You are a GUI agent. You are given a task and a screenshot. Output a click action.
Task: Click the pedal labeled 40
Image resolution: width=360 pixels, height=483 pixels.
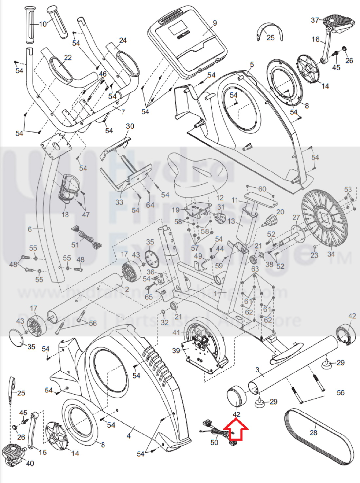13,454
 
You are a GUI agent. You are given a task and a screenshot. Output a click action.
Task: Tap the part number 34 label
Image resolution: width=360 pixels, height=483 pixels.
331,254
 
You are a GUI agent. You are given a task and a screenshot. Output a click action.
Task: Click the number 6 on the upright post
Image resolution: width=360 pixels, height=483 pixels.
30,229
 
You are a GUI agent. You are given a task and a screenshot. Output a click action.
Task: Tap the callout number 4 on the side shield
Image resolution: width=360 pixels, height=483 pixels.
129,436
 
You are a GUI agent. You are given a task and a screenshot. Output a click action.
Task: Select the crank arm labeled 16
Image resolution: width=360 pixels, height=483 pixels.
326,49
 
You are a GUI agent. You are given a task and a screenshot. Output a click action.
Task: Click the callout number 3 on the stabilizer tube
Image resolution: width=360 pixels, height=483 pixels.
257,370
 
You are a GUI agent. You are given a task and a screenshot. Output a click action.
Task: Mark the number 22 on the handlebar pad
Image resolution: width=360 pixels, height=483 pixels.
68,58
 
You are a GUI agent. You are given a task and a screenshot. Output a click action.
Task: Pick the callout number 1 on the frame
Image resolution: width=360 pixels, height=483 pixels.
215,293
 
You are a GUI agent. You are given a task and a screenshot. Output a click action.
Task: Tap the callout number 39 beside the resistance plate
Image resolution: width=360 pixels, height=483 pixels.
176,350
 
